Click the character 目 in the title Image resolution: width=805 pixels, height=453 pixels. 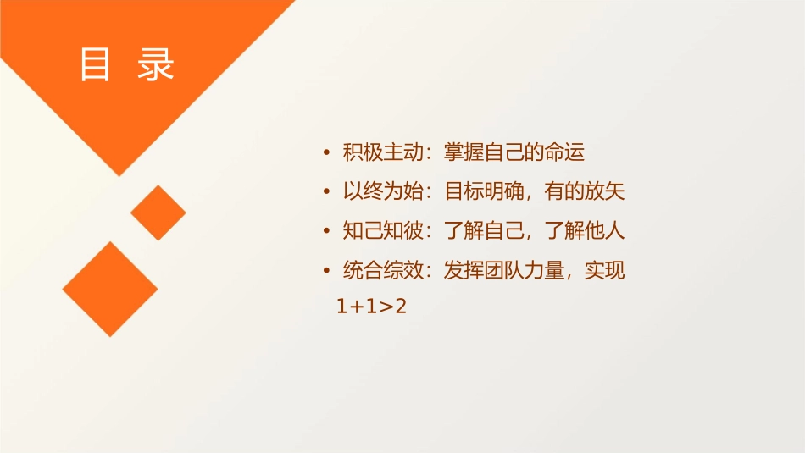point(95,64)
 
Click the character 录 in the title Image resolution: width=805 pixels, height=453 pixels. point(156,64)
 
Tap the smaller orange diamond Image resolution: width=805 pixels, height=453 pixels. point(158,213)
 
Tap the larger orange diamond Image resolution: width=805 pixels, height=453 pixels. point(110,289)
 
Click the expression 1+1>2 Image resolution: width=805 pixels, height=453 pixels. point(372,307)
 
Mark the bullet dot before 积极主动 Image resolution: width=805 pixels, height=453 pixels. point(327,154)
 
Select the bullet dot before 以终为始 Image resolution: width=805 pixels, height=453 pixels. point(327,193)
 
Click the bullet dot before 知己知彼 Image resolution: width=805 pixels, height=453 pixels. point(327,232)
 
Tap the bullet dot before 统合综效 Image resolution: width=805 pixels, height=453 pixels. point(327,272)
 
